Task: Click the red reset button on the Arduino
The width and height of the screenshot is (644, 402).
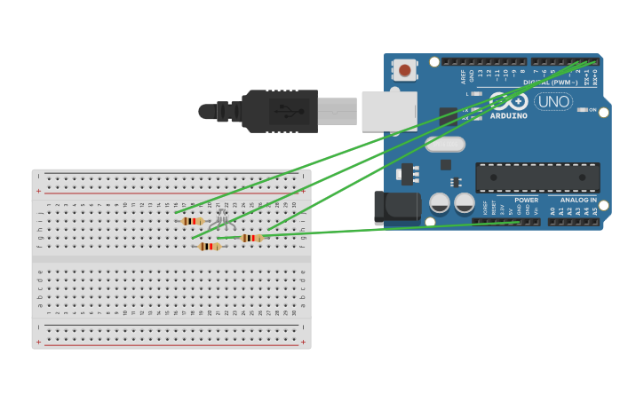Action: click(405, 70)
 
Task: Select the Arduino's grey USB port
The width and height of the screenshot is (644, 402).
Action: click(389, 111)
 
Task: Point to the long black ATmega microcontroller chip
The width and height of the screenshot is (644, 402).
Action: click(537, 177)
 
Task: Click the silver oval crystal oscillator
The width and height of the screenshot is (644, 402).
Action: click(445, 144)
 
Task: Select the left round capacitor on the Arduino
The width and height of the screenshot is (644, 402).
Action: click(440, 203)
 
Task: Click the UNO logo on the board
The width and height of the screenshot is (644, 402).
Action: click(553, 102)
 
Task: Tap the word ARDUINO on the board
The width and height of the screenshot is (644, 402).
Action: click(509, 116)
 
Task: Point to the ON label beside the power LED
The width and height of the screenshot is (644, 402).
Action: click(592, 110)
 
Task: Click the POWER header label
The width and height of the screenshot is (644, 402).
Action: click(526, 201)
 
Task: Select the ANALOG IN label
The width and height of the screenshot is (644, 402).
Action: click(578, 201)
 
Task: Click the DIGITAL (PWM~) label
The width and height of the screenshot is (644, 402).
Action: click(549, 83)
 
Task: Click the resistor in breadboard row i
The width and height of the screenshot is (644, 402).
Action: click(192, 221)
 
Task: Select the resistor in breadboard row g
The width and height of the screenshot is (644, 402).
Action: click(251, 238)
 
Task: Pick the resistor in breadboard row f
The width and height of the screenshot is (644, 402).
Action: click(209, 247)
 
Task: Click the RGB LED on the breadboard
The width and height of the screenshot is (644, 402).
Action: click(222, 218)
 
